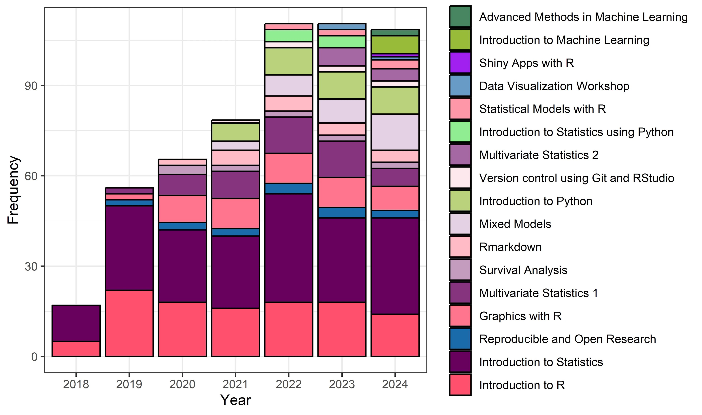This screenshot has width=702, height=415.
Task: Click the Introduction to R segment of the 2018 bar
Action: click(76, 349)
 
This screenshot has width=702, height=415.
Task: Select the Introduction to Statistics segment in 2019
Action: click(129, 248)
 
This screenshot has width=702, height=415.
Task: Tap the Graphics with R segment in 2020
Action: click(182, 209)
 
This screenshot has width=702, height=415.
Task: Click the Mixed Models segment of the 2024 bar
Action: click(395, 132)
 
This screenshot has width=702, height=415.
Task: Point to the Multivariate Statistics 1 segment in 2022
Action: click(289, 135)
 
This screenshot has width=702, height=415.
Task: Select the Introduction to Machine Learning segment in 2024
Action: click(395, 45)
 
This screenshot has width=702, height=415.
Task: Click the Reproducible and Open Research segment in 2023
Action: click(342, 213)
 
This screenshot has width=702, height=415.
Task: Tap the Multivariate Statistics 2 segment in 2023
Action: click(342, 57)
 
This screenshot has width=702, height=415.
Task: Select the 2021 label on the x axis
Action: click(235, 384)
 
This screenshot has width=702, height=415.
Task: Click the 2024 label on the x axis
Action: click(395, 384)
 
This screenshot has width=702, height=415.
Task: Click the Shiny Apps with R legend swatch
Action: click(460, 63)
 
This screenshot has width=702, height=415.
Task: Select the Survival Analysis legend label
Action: click(523, 270)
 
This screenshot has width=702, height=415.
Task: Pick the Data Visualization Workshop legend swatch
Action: click(460, 86)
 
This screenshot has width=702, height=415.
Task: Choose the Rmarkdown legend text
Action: click(510, 247)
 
